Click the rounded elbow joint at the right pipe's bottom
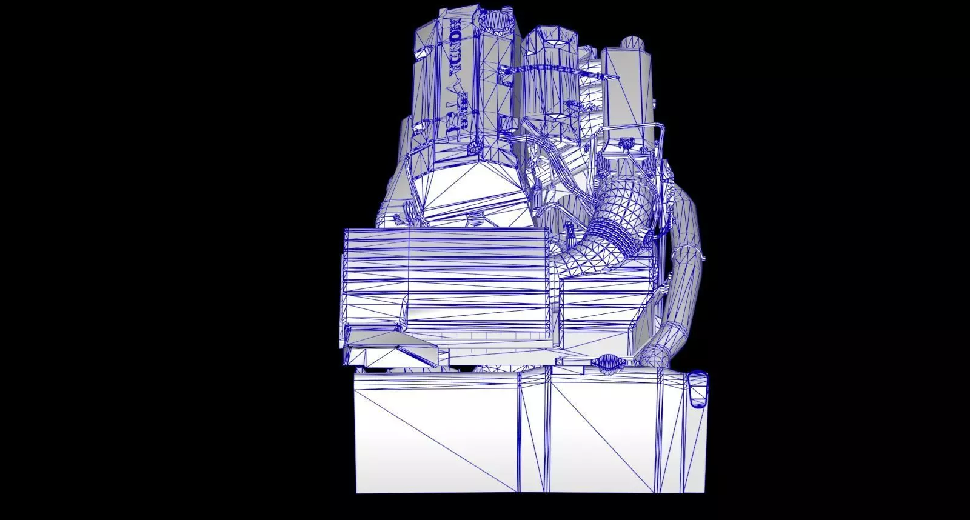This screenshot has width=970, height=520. click(655, 355)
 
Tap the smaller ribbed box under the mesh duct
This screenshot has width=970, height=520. click(606, 309)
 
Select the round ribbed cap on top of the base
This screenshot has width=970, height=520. click(607, 363)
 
